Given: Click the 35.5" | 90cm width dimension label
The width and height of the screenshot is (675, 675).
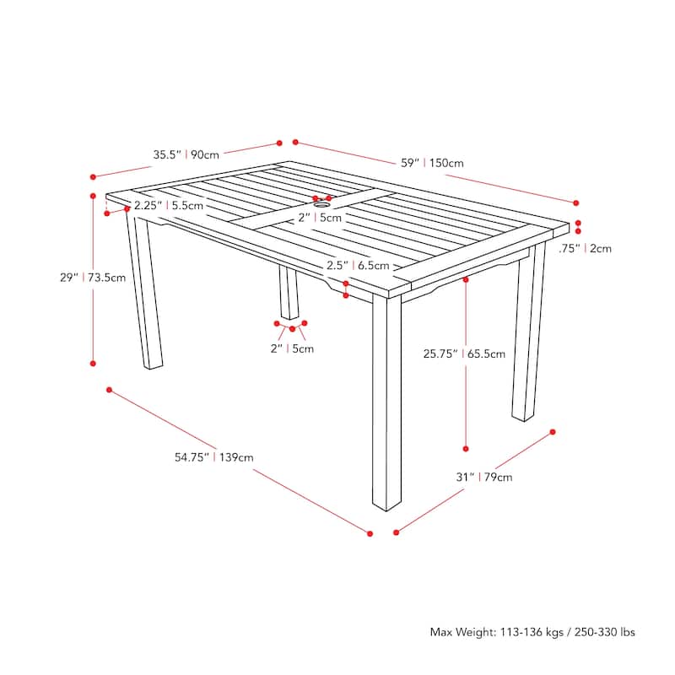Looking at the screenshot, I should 186,154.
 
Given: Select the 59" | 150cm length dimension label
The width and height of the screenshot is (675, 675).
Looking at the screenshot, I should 432,163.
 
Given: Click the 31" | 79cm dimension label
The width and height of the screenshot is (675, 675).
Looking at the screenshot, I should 484,477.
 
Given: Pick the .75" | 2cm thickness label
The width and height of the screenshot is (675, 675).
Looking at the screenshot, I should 585,248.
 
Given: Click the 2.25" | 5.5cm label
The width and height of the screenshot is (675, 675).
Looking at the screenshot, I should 168,205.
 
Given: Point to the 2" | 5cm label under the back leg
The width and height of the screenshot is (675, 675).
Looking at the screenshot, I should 292,348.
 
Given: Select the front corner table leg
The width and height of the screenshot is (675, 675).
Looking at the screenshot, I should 386,405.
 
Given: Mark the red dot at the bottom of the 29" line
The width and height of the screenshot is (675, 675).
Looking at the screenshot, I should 93,364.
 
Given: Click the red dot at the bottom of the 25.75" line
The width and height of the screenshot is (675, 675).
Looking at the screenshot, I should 466,449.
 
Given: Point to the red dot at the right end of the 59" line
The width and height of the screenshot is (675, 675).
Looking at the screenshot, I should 576,202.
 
